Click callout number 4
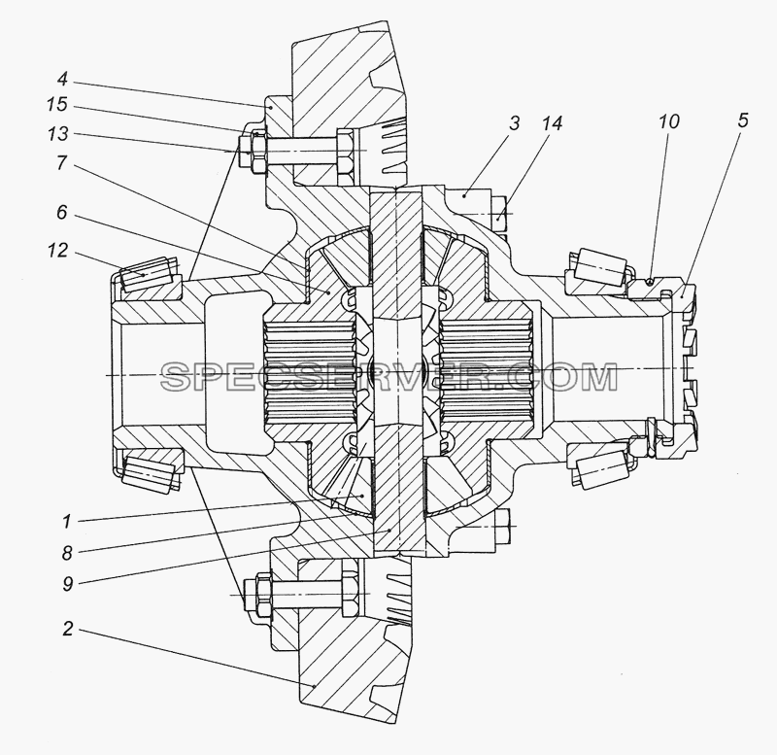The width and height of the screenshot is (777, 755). coord(62,80)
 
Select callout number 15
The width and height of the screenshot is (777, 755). coord(57,105)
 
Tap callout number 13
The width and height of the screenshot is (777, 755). coord(57,133)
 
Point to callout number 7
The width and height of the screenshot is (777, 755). coord(62,162)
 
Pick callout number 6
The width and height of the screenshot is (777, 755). coord(62,213)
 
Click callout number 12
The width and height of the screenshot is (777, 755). coord(57,251)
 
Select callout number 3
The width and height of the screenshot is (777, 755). coord(515,122)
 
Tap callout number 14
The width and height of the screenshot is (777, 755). coord(553,122)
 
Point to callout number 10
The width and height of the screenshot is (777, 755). coord(668,120)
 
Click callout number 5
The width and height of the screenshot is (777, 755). coord(742,120)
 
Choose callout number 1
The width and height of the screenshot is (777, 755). coord(67,522)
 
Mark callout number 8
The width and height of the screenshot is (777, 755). coord(67,553)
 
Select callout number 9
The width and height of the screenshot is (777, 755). coord(67,584)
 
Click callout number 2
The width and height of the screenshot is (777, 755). coord(68,629)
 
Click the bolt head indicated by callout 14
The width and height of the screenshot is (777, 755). coord(500,214)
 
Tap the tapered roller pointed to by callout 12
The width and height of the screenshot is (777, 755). coord(146,275)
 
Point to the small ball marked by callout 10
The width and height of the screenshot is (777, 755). coord(651,281)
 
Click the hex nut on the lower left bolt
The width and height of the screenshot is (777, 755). coord(262,595)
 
